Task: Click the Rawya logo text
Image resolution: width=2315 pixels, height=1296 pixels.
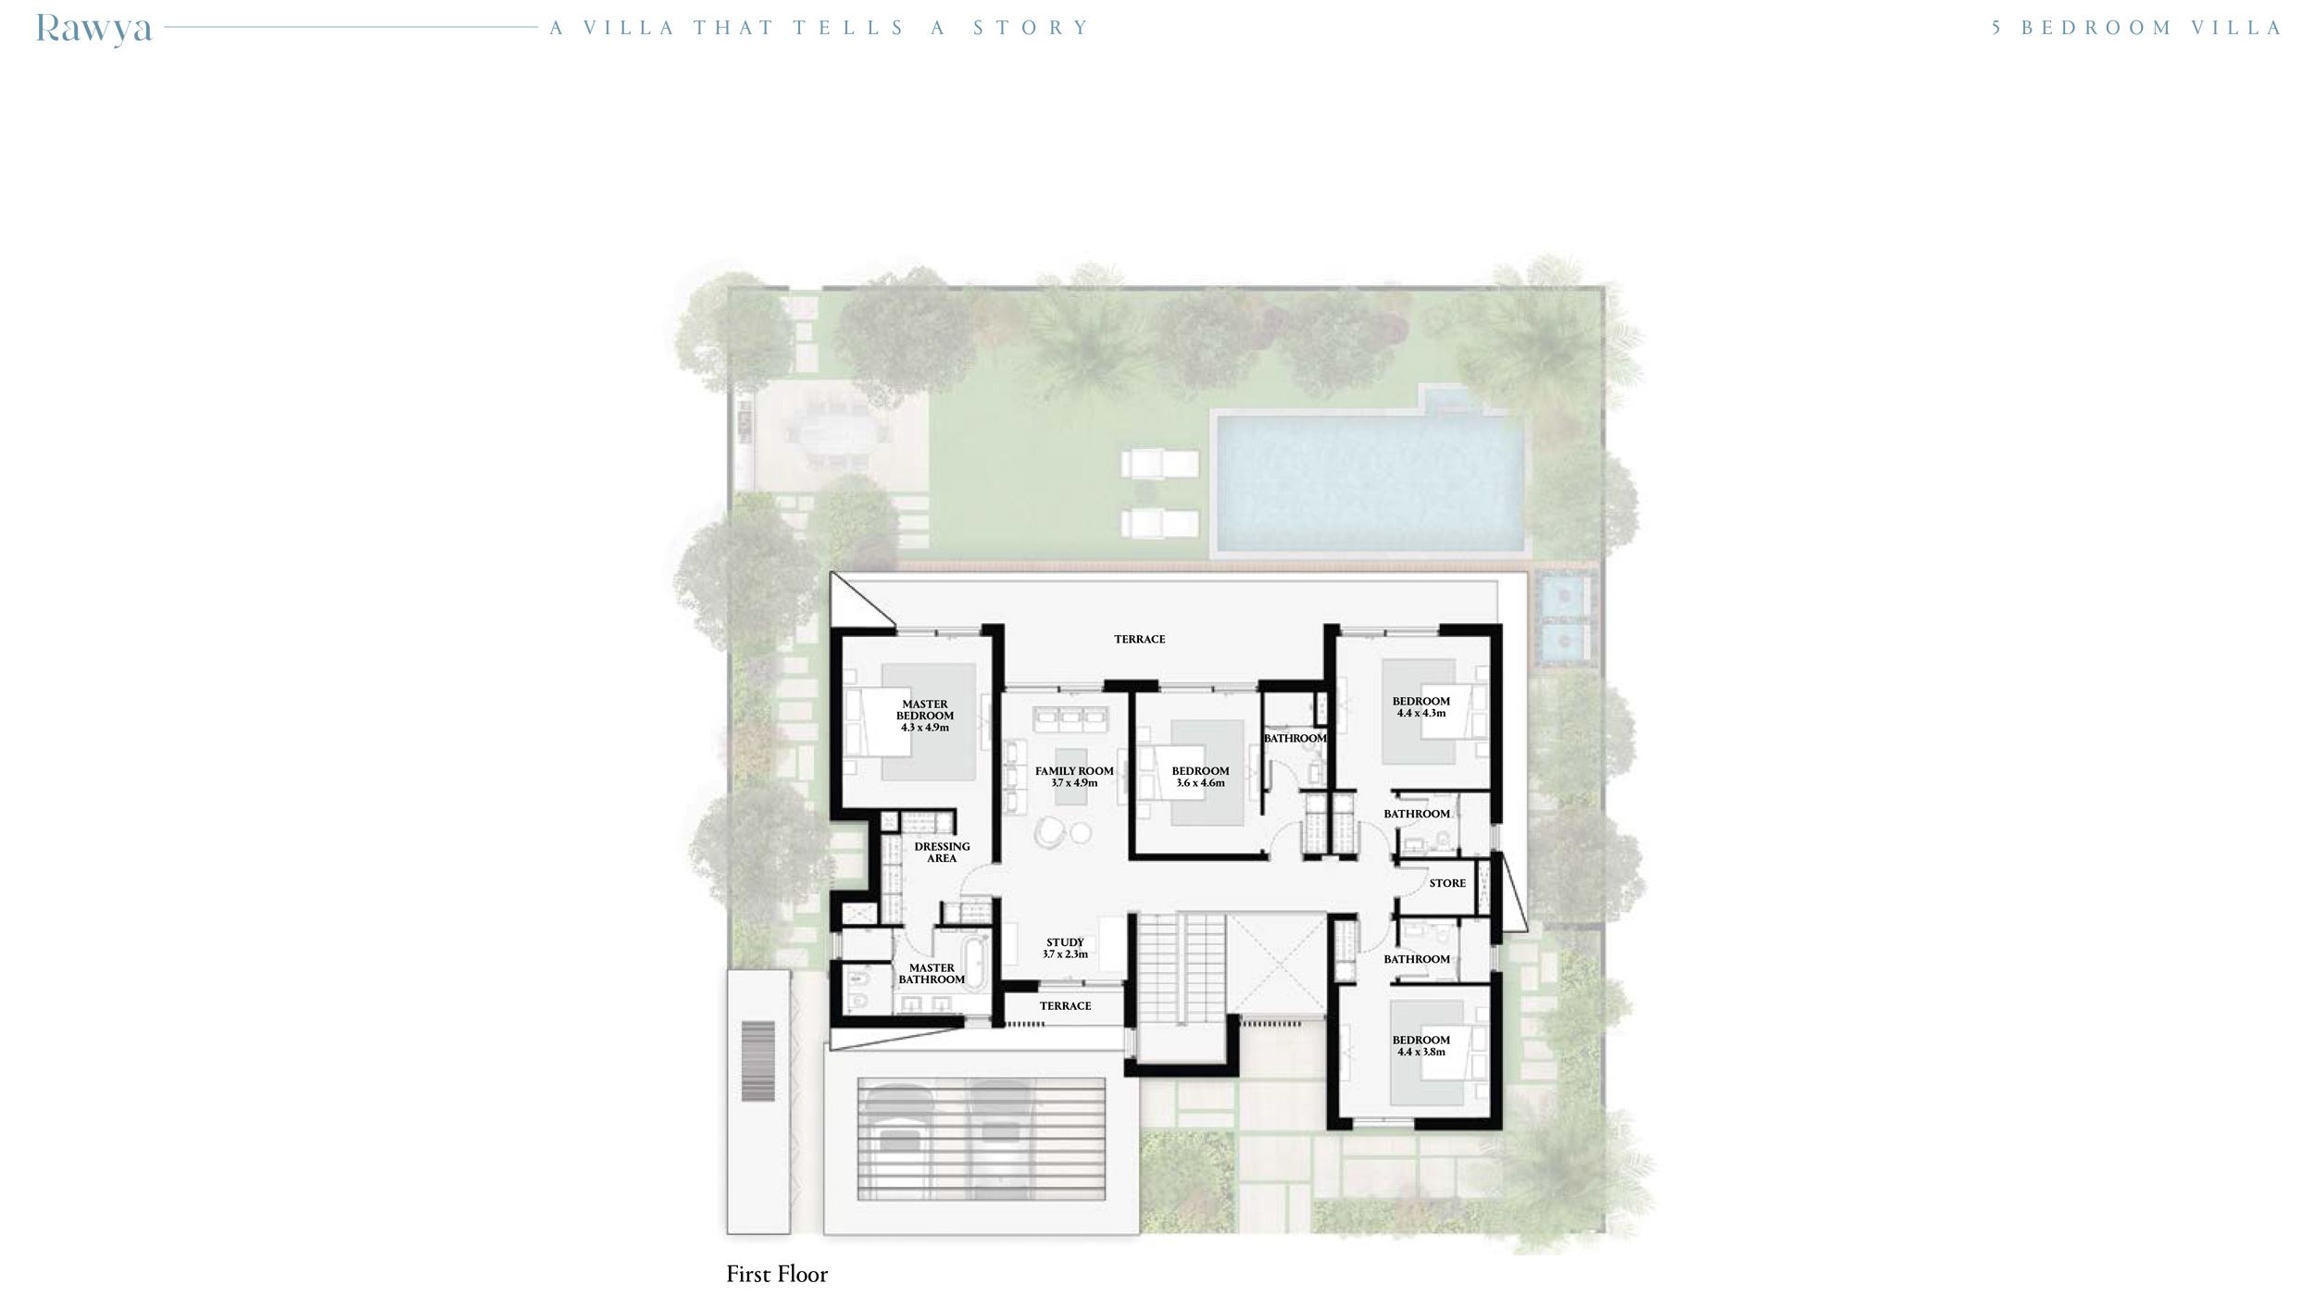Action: pos(94,29)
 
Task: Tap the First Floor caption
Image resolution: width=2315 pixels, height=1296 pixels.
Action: pos(777,1274)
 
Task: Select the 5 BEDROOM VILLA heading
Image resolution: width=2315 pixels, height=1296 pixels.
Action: pos(2137,28)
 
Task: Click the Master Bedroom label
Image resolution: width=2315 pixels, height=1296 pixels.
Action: pos(924,716)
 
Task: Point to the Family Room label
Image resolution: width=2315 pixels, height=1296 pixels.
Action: pos(1074,777)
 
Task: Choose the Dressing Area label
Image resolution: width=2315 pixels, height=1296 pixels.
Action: pos(942,852)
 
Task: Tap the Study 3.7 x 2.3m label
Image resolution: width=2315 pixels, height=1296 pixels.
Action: pos(1065,948)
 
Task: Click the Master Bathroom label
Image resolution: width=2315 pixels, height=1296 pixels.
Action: pos(932,974)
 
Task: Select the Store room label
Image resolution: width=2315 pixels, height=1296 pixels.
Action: pos(1447,883)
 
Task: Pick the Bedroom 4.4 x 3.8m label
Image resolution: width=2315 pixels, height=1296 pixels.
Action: pos(1420,1045)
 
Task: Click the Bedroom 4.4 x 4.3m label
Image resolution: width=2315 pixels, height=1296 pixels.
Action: pos(1420,706)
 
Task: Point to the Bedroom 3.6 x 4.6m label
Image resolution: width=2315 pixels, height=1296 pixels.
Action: pos(1200,777)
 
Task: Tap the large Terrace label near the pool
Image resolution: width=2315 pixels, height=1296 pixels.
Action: pos(1139,640)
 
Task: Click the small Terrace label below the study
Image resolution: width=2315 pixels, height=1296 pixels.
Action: pos(1065,1005)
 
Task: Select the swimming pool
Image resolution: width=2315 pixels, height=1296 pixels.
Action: pos(1369,481)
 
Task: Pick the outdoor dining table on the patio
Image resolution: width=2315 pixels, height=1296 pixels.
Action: pos(832,442)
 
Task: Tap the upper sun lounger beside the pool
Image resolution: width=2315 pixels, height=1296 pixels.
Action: pos(1159,463)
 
